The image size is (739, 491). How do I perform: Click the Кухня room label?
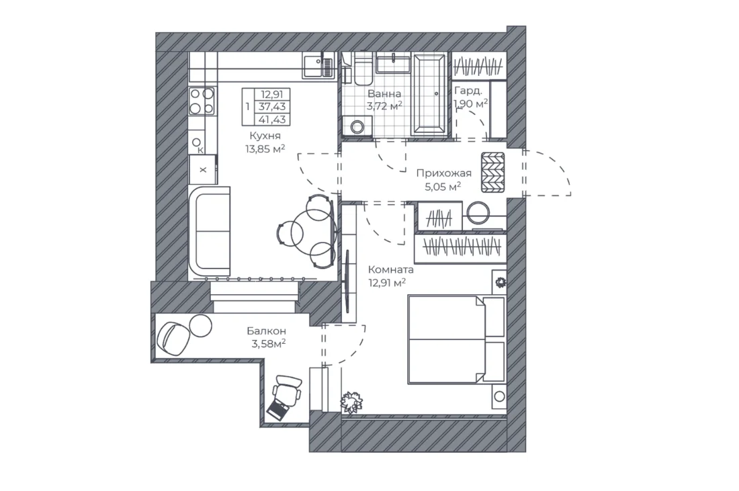(265, 136)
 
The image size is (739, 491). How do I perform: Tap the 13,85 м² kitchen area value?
(265, 149)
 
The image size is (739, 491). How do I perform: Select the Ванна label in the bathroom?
(384, 93)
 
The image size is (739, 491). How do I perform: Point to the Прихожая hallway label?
(443, 173)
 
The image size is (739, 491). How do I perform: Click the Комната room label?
(391, 270)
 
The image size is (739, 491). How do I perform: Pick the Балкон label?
(266, 331)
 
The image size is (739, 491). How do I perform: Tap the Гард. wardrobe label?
(468, 91)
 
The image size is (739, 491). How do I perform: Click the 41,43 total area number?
(272, 120)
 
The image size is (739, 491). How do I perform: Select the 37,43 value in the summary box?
(272, 107)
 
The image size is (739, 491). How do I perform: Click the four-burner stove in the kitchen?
(202, 101)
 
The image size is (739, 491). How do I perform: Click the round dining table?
(310, 231)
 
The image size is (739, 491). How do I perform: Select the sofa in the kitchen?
(209, 231)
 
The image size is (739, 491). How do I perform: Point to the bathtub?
(429, 94)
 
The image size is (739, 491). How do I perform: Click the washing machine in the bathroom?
(357, 126)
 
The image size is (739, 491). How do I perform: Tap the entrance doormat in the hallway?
(492, 172)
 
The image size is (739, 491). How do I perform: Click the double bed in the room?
(457, 339)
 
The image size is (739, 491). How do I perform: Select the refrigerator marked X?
(203, 170)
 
